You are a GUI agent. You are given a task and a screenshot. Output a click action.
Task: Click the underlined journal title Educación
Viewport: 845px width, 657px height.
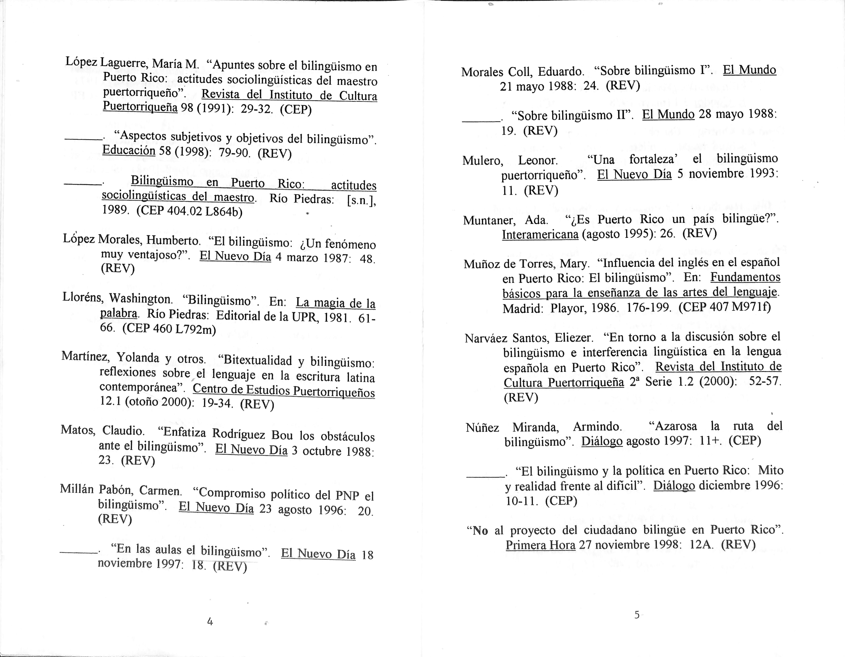[x=129, y=151]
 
